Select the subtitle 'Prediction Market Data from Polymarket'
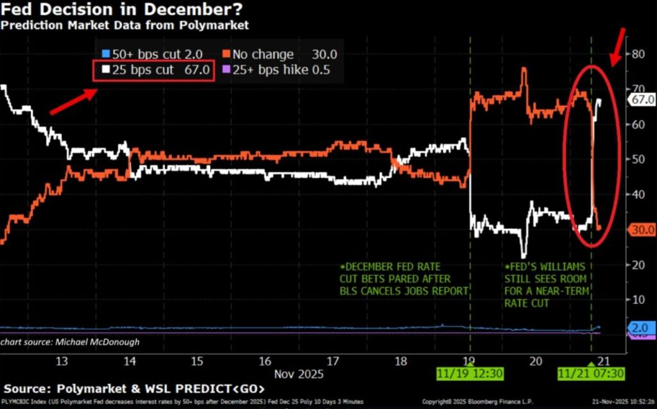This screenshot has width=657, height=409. (x=124, y=26)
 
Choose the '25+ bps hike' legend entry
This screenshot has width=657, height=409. (x=277, y=70)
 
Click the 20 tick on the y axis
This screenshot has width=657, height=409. (x=638, y=264)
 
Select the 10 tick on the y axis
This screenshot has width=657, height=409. (x=638, y=299)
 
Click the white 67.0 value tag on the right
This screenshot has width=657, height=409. (x=642, y=99)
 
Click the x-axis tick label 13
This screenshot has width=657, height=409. (x=62, y=361)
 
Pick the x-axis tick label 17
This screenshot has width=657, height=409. (x=332, y=361)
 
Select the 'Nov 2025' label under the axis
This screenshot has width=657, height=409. (x=298, y=373)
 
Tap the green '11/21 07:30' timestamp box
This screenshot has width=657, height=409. (x=591, y=374)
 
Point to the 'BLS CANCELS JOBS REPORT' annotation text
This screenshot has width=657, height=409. (x=404, y=291)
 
